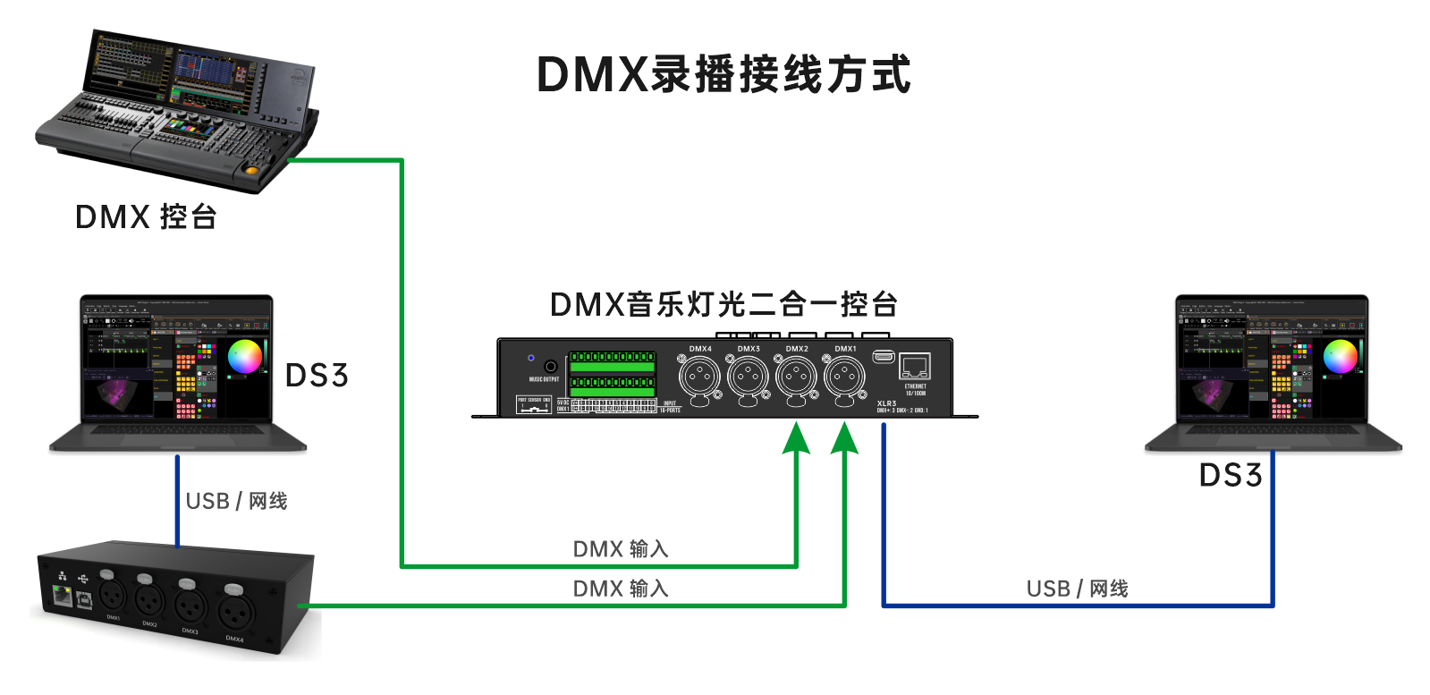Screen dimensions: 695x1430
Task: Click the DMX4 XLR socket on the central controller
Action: pos(699,377)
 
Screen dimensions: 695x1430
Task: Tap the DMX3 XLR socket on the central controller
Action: pos(748,377)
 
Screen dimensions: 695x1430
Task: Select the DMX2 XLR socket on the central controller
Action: pos(796,377)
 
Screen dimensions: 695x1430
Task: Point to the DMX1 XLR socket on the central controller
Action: pos(844,377)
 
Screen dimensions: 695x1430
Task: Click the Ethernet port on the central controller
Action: pos(915,366)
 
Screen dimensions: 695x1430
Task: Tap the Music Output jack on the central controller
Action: pos(551,366)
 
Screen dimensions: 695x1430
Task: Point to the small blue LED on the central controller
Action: pos(531,358)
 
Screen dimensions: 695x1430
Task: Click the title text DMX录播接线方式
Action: pos(723,74)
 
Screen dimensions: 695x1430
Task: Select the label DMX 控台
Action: pos(146,216)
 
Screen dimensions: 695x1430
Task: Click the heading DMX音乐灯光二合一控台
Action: pos(723,305)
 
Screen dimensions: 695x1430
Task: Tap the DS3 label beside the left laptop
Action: pos(316,376)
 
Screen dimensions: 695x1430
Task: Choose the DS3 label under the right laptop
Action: pos(1231,476)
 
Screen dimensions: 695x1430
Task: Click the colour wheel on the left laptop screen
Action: pos(245,356)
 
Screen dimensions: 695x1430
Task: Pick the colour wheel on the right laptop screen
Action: pos(1340,356)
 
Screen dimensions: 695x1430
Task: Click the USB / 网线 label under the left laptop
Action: pos(236,501)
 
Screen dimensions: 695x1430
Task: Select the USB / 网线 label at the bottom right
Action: pos(1077,589)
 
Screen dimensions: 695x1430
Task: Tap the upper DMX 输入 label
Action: pos(621,548)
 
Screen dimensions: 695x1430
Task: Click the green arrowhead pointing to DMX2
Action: pos(796,438)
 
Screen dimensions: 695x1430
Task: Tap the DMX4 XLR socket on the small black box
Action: pos(233,613)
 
